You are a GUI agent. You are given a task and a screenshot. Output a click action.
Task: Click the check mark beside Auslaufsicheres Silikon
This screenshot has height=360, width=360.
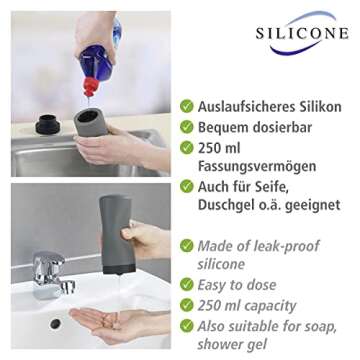(187, 106)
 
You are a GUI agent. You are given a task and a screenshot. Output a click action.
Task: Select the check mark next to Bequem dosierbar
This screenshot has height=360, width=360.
(187, 127)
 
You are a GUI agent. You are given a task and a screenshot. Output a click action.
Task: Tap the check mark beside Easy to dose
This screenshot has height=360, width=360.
(187, 285)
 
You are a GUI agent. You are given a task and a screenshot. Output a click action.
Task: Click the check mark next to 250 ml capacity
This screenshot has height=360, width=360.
(187, 306)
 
